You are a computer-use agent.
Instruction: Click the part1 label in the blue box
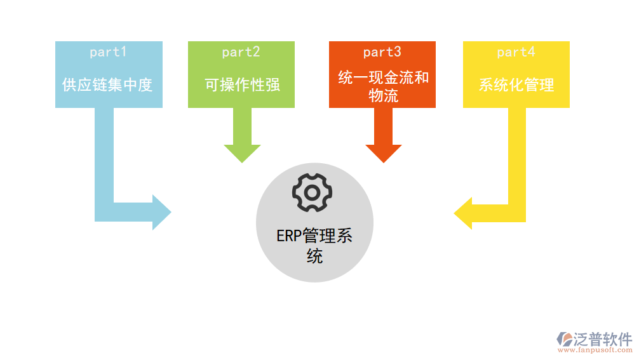pyautogui.click(x=108, y=52)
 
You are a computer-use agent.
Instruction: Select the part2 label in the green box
pyautogui.click(x=241, y=52)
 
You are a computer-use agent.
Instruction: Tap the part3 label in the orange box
pyautogui.click(x=382, y=52)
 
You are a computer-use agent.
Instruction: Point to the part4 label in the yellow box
pyautogui.click(x=516, y=52)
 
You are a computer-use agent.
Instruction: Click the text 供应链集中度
pyautogui.click(x=108, y=84)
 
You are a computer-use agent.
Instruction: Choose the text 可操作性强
pyautogui.click(x=242, y=84)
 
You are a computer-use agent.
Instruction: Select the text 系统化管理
pyautogui.click(x=516, y=84)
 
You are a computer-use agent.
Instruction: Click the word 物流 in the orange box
pyautogui.click(x=383, y=95)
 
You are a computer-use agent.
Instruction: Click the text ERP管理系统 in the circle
pyautogui.click(x=314, y=245)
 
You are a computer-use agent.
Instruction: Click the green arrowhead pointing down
pyautogui.click(x=242, y=153)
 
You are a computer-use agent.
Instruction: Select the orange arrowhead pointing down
pyautogui.click(x=383, y=153)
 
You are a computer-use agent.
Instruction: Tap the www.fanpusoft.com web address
pyautogui.click(x=595, y=350)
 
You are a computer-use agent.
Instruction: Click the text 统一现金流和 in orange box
pyautogui.click(x=383, y=77)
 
